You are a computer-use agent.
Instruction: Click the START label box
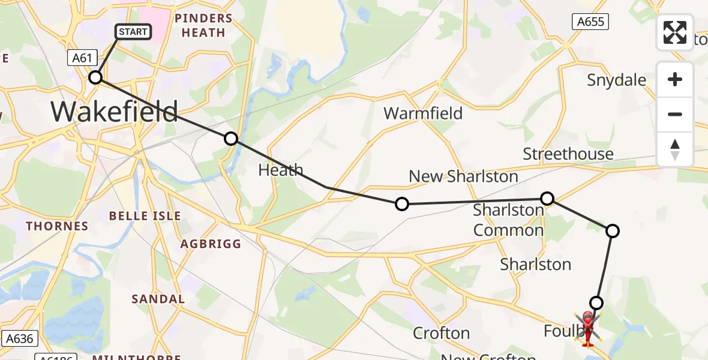coord(133,31)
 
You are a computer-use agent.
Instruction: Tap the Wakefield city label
coord(114,112)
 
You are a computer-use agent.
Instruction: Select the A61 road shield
coord(82,58)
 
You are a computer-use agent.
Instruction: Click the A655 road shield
coord(590,22)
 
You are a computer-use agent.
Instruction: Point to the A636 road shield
coord(19,338)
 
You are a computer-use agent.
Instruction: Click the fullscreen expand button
coord(675,32)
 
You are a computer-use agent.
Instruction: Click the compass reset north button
coord(675,149)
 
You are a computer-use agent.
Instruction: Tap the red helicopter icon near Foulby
coord(587,328)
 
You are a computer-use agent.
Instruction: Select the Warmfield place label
coord(423,113)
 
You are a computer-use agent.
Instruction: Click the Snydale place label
coord(616,80)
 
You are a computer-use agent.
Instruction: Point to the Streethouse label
coord(568,154)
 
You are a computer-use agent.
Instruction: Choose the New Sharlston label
coord(463,176)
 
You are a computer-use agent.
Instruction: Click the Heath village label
coord(280,170)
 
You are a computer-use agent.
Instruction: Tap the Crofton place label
coord(441,333)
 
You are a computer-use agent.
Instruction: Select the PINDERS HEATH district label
coord(203,25)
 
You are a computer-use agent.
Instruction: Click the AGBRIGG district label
coord(211,244)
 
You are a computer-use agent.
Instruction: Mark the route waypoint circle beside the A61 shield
coord(95,77)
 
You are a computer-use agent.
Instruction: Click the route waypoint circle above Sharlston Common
coord(547,198)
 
